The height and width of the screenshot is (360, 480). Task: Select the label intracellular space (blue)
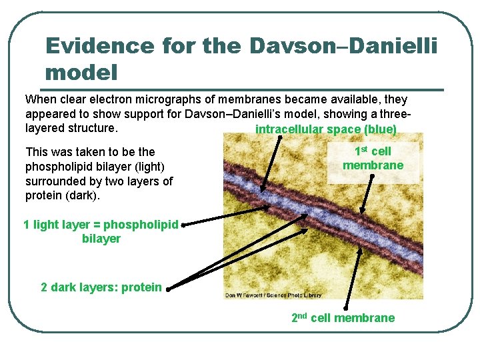coord(326,129)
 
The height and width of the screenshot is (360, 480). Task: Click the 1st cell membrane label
coord(373,158)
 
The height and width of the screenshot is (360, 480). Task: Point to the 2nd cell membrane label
coord(343,318)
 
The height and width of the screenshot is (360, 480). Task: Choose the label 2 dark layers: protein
coord(101,287)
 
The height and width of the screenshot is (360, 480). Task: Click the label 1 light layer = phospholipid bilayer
coord(101,231)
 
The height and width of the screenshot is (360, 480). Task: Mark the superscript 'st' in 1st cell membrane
coord(364,149)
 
